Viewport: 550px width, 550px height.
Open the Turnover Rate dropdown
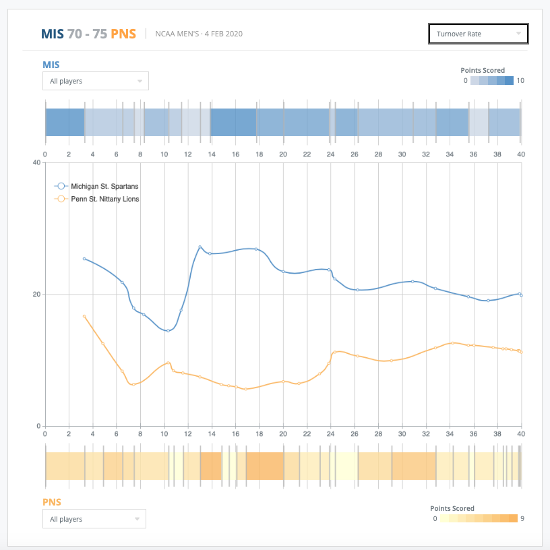click(478, 34)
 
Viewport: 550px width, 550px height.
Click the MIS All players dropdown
click(95, 81)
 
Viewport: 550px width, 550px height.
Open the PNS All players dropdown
click(94, 519)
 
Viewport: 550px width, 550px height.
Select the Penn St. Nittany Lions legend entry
click(104, 199)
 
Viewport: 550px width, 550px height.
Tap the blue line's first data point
click(84, 259)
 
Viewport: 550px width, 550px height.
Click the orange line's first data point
click(84, 316)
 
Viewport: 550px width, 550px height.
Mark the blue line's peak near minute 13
click(200, 247)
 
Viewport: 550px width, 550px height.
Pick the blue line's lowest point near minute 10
click(168, 330)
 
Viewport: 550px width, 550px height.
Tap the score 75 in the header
click(100, 34)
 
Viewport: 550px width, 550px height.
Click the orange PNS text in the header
click(123, 34)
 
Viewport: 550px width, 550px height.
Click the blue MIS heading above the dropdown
click(51, 65)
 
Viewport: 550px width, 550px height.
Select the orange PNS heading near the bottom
click(52, 502)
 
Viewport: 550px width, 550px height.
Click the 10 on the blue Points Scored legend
click(520, 81)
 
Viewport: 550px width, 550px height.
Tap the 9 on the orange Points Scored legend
click(522, 519)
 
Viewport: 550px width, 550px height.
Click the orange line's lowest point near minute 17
click(245, 389)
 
